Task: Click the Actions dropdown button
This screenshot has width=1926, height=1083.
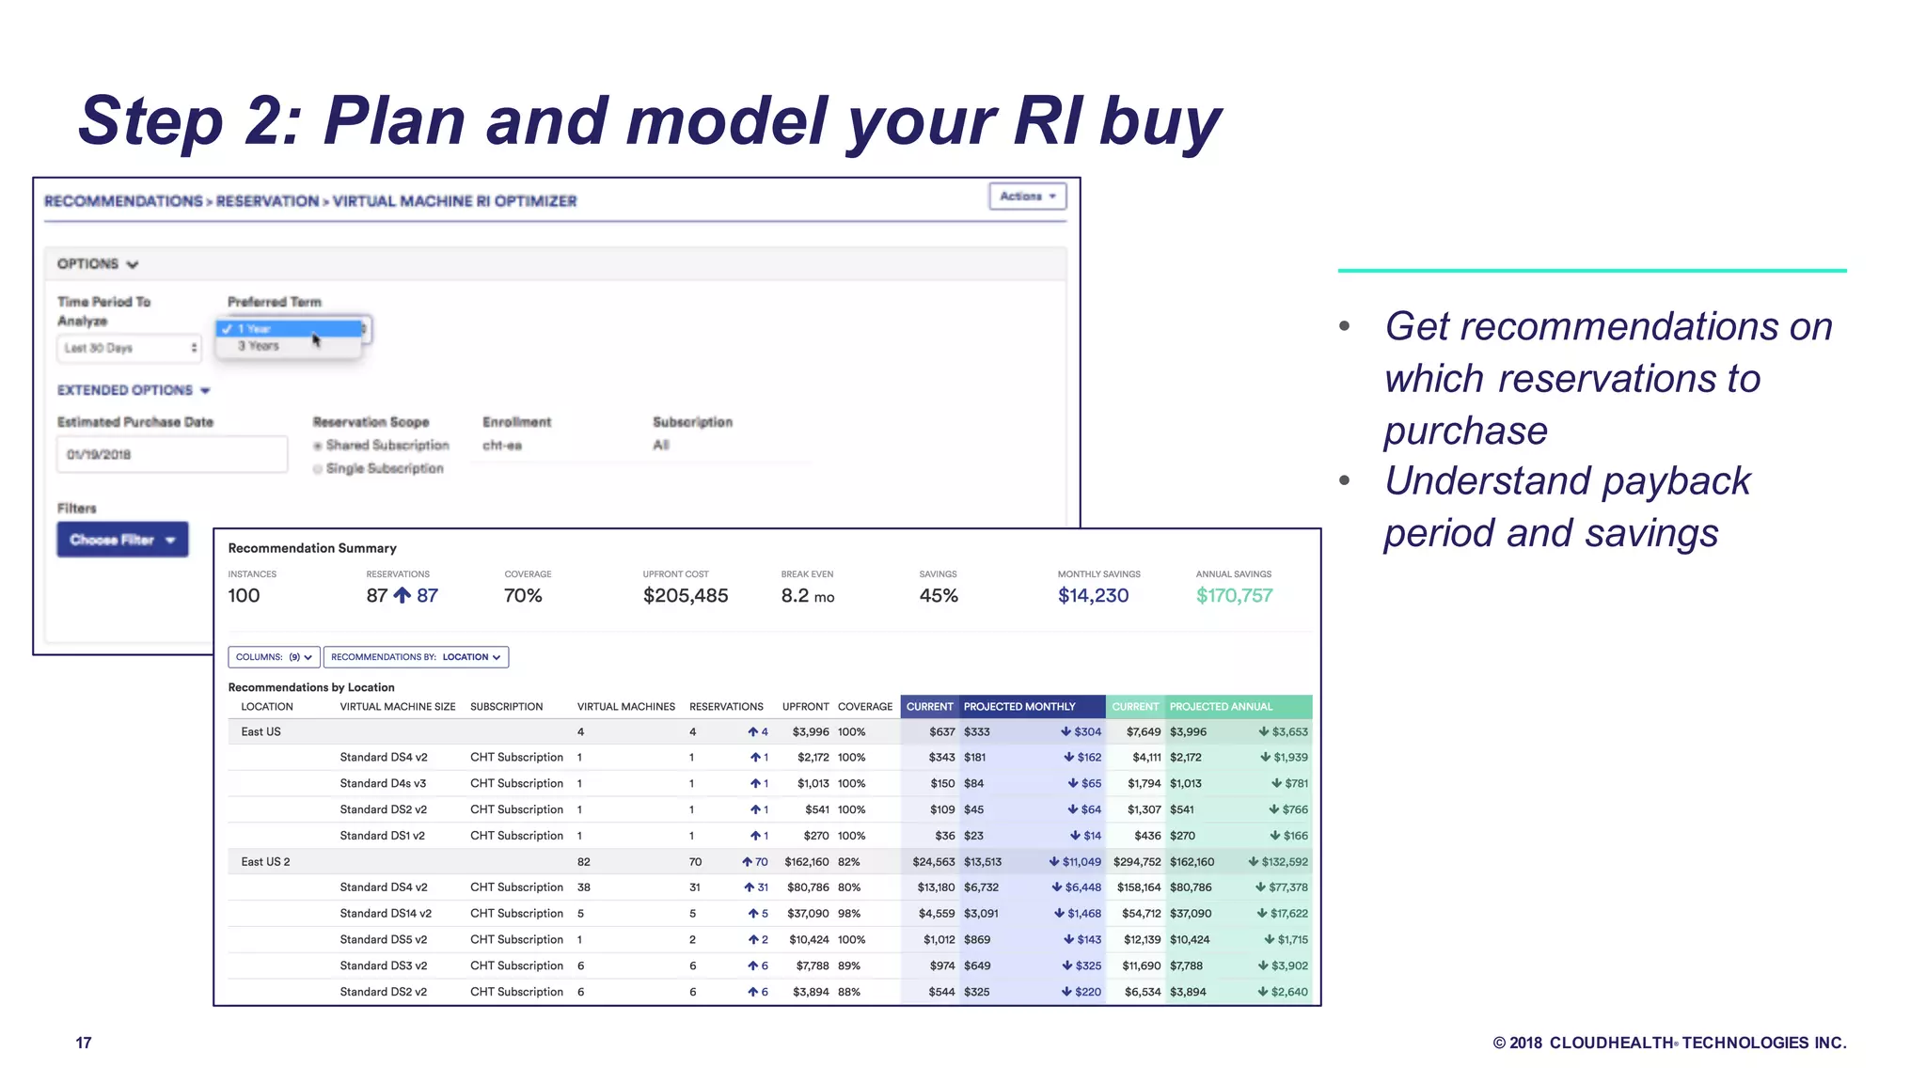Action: pos(1027,196)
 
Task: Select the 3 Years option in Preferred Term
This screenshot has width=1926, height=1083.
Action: pos(259,346)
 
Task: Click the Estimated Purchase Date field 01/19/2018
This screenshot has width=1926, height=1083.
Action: pos(171,455)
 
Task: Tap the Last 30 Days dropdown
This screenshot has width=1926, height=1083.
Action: pos(129,348)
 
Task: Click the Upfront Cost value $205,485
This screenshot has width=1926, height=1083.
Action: pos(685,595)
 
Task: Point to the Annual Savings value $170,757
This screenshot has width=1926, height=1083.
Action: pos(1234,595)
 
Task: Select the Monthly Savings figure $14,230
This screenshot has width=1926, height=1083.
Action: pos(1093,595)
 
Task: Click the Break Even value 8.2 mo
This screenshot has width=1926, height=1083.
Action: pos(807,595)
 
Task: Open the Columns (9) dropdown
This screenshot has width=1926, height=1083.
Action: pos(274,657)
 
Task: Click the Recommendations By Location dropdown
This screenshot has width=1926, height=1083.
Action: pos(416,657)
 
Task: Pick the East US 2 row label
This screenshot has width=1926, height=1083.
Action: pos(265,862)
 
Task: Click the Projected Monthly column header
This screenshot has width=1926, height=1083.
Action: pos(1019,707)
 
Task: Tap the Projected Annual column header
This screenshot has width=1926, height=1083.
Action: pos(1221,707)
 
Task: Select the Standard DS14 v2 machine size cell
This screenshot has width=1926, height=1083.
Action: pos(386,914)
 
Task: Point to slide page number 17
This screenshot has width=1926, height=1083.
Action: pos(84,1043)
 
